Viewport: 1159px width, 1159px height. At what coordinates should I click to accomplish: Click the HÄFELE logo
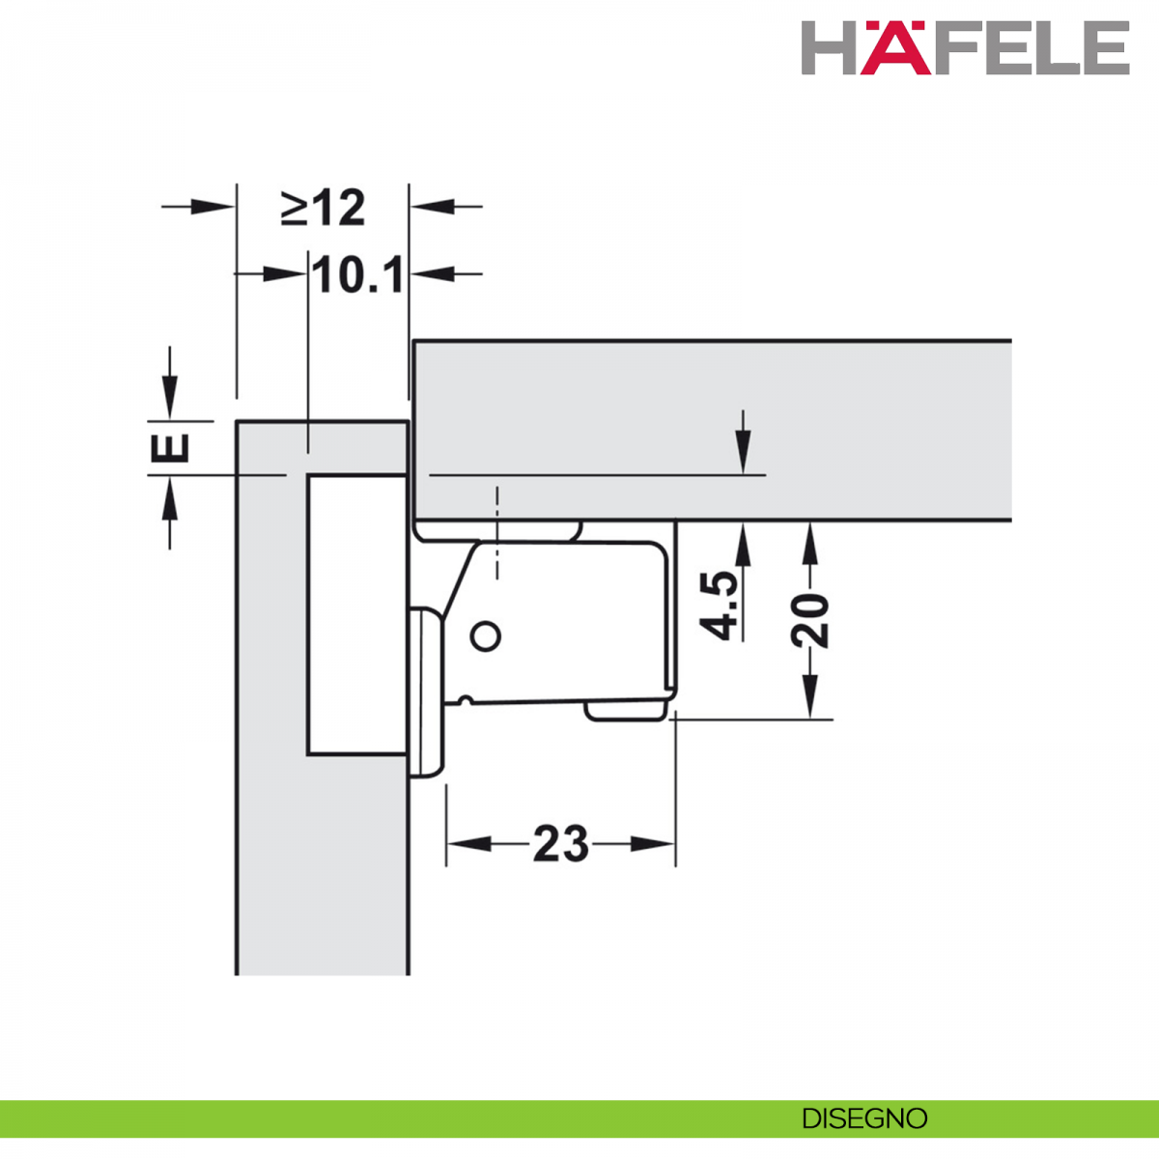coord(965,47)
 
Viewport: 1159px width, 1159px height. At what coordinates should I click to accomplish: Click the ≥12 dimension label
coord(323,208)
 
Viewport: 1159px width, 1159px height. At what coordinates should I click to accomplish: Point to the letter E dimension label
coord(170,447)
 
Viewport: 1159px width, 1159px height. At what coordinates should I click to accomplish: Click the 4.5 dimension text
coord(720,605)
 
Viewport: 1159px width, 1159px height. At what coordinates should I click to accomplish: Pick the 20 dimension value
coord(809,619)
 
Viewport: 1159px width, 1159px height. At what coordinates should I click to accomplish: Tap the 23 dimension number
coord(560,843)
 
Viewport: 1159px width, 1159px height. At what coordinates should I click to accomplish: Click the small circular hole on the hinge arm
coord(486,636)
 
